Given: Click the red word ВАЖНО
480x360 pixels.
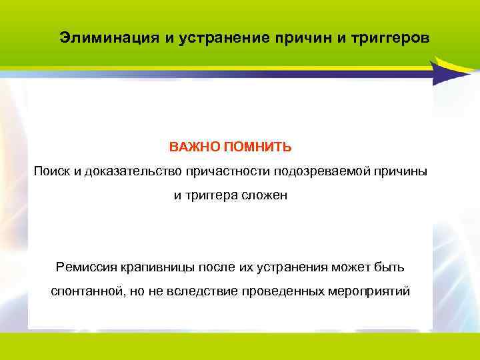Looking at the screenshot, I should pos(191,146).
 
